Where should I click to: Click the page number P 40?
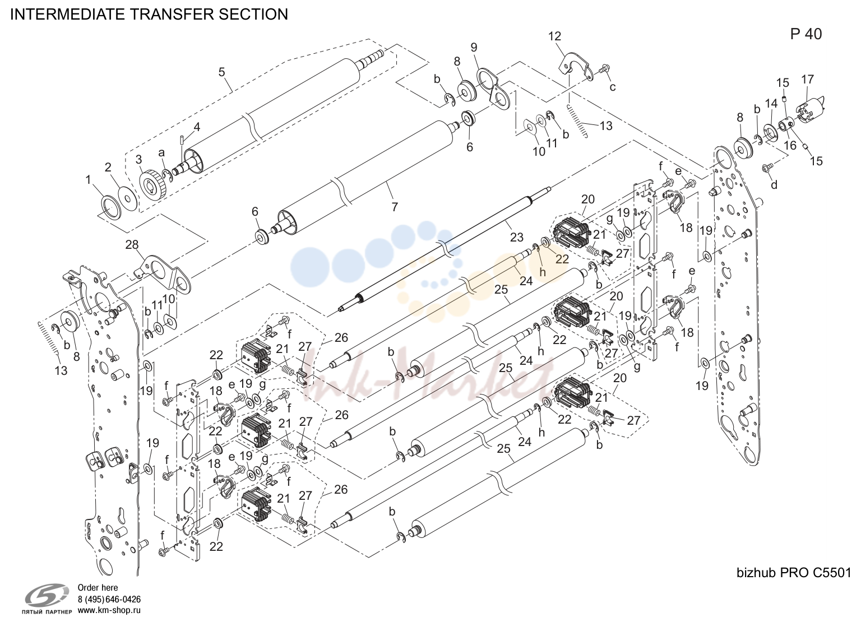pyautogui.click(x=806, y=35)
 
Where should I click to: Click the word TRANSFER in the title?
pyautogui.click(x=172, y=14)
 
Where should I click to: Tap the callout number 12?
pyautogui.click(x=554, y=36)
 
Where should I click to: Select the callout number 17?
pyautogui.click(x=808, y=79)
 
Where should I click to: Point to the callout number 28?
pyautogui.click(x=132, y=244)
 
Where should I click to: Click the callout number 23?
pyautogui.click(x=516, y=237)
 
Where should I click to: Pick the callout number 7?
pyautogui.click(x=395, y=207)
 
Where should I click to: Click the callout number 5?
pyautogui.click(x=222, y=72)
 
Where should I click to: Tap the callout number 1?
pyautogui.click(x=88, y=179)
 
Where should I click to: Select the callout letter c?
pyautogui.click(x=612, y=87)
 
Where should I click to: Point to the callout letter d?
pyautogui.click(x=774, y=185)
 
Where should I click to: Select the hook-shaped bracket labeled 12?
pyautogui.click(x=574, y=68)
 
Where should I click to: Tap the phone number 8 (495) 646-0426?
pyautogui.click(x=109, y=600)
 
